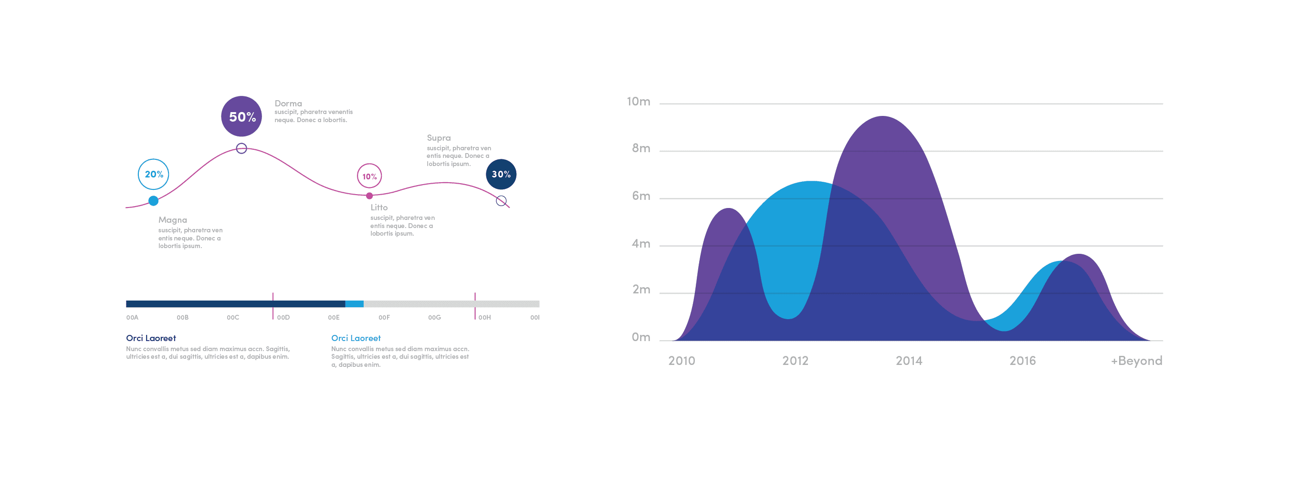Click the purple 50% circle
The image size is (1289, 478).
pyautogui.click(x=241, y=116)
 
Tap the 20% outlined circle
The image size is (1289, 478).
pyautogui.click(x=153, y=174)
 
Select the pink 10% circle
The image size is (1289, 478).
pyautogui.click(x=369, y=176)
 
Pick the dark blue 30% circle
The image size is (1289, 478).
pyautogui.click(x=501, y=174)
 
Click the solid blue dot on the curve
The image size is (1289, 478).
pyautogui.click(x=154, y=200)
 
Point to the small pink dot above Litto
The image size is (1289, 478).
pyautogui.click(x=369, y=196)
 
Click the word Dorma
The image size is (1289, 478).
pyautogui.click(x=288, y=104)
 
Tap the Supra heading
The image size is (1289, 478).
pyautogui.click(x=439, y=137)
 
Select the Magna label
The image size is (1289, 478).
pyautogui.click(x=173, y=219)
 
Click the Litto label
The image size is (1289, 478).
pyautogui.click(x=379, y=207)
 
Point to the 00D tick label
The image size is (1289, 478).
pyautogui.click(x=283, y=318)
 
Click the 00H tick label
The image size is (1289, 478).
pyautogui.click(x=484, y=318)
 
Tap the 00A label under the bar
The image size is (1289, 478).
pyautogui.click(x=132, y=318)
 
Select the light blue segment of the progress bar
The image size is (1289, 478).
pyautogui.click(x=354, y=303)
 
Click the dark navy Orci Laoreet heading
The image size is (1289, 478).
pyautogui.click(x=151, y=338)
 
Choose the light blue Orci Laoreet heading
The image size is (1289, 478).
pyautogui.click(x=356, y=338)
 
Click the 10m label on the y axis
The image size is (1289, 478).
pyautogui.click(x=639, y=102)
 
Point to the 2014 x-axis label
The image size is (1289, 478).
pyautogui.click(x=909, y=361)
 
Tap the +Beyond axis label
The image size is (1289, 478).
pyautogui.click(x=1136, y=361)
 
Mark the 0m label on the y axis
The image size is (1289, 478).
pyautogui.click(x=641, y=337)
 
